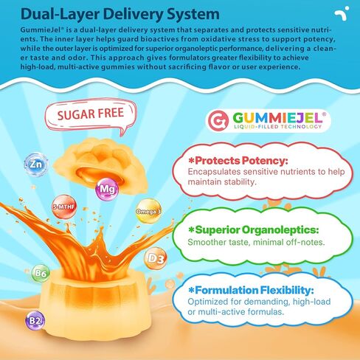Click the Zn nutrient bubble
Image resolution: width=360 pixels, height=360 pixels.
click(36, 165)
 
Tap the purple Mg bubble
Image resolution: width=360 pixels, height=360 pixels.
click(107, 189)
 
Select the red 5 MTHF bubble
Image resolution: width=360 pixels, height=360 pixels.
click(64, 207)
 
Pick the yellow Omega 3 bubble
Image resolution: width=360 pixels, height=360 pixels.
click(148, 211)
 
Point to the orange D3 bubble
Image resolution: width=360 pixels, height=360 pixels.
click(156, 258)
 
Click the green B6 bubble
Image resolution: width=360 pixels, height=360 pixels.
click(41, 273)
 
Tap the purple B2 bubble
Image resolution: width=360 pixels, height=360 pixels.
click(35, 321)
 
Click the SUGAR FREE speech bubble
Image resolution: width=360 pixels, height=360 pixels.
click(91, 115)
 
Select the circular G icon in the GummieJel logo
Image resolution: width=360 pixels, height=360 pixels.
click(218, 120)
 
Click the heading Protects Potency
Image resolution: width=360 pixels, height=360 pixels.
click(238, 161)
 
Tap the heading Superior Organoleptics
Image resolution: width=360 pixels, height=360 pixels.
click(253, 230)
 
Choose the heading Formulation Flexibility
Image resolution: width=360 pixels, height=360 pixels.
click(251, 290)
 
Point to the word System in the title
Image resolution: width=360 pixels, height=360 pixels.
click(193, 14)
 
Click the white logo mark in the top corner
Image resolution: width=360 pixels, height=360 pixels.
click(342, 13)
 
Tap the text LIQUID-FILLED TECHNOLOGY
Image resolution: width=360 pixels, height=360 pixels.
click(277, 127)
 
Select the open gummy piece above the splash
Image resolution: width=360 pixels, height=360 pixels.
click(100, 166)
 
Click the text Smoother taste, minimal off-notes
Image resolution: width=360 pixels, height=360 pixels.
click(256, 242)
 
